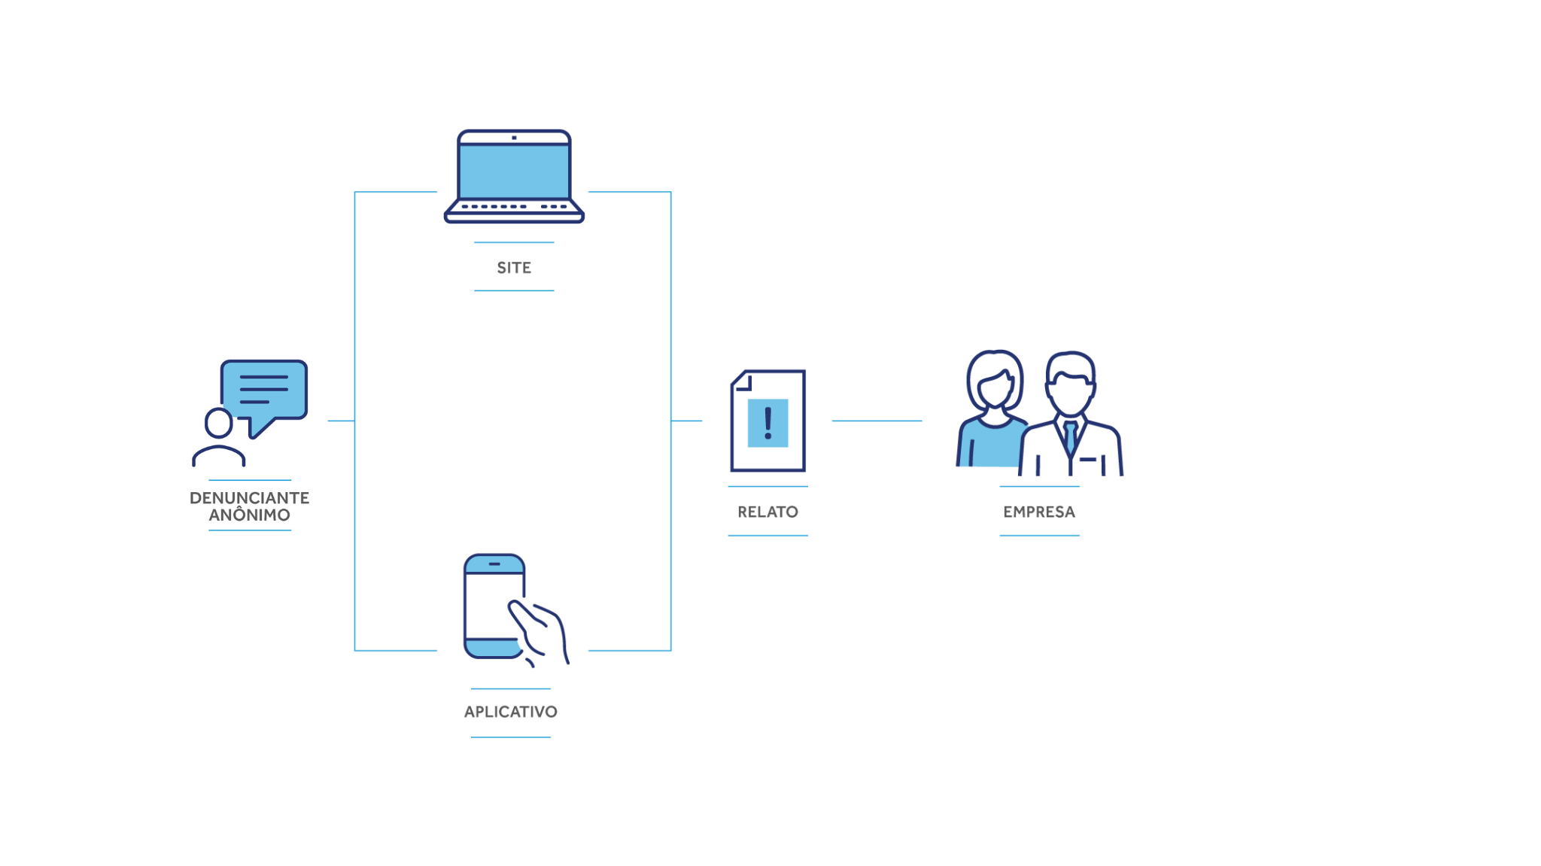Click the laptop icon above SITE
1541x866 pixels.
514,177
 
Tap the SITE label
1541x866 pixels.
514,268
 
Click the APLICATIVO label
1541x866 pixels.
511,712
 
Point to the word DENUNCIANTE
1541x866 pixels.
249,498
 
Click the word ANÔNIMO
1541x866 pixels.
249,515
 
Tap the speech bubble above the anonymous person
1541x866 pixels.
264,389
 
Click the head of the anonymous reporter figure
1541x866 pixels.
219,423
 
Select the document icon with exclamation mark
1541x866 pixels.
767,421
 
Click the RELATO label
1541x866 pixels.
767,512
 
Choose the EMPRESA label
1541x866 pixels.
1039,512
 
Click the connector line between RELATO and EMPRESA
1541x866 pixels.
877,421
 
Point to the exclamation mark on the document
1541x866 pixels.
767,423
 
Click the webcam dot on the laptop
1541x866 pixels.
514,138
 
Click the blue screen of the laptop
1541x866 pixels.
514,172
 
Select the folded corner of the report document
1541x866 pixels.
742,381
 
